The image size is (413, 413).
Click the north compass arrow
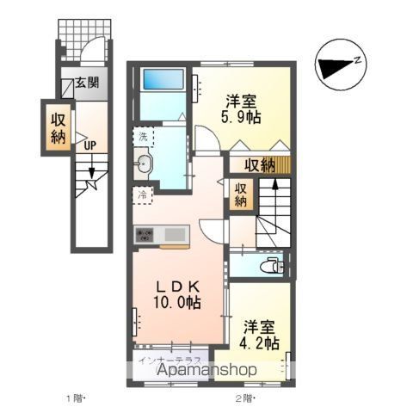pyautogui.click(x=340, y=62)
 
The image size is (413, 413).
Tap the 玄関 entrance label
pyautogui.click(x=85, y=83)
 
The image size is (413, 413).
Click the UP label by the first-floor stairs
pyautogui.click(x=89, y=145)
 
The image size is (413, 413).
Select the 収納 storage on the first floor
pyautogui.click(x=58, y=126)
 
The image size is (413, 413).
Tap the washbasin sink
pyautogui.click(x=144, y=164)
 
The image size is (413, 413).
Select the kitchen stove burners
pyautogui.click(x=143, y=234)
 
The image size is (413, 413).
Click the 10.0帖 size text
pyautogui.click(x=178, y=302)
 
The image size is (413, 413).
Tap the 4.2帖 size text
pyautogui.click(x=259, y=342)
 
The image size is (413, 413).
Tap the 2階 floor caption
pyautogui.click(x=247, y=398)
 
